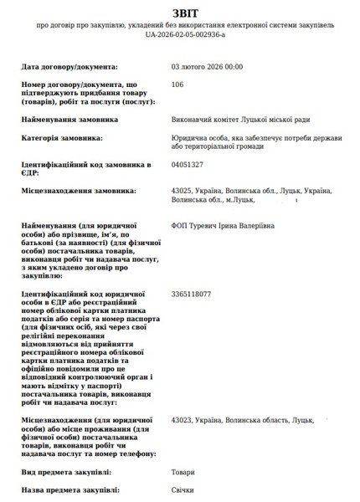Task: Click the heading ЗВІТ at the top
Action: pyautogui.click(x=180, y=13)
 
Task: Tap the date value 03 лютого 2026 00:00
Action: pyautogui.click(x=206, y=65)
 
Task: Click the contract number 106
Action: pyautogui.click(x=177, y=85)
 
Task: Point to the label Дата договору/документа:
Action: pyautogui.click(x=69, y=65)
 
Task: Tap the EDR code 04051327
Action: pyautogui.click(x=186, y=165)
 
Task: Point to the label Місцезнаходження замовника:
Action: pyautogui.click(x=79, y=192)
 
